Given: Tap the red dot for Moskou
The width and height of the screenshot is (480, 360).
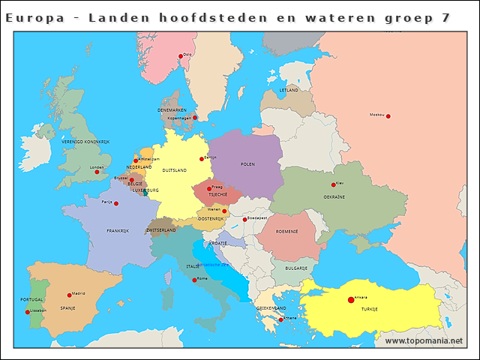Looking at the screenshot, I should tap(388, 115).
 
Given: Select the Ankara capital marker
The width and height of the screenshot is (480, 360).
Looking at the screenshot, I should tap(350, 300).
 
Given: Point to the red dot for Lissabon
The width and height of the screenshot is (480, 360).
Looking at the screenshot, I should tap(28, 312).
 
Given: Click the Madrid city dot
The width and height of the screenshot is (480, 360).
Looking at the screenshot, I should tap(69, 295).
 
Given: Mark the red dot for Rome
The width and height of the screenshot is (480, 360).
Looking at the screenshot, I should tap(195, 280).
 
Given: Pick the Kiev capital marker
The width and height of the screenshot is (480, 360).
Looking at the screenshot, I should tap(332, 184).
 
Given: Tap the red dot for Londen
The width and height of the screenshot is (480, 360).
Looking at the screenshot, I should tap(97, 172).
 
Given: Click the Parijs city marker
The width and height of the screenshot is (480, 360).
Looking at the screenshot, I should tap(115, 203).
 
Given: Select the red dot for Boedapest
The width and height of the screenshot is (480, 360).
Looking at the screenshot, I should tap(244, 220).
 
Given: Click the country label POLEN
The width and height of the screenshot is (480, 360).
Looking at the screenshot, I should tap(247, 163).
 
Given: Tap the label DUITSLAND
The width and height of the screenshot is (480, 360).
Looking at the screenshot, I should tap(175, 171).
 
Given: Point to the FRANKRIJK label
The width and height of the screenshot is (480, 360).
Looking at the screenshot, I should tap(118, 230).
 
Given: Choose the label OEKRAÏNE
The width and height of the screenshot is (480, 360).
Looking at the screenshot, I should tap(334, 196).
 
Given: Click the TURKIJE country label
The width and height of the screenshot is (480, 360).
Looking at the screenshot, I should tap(369, 309).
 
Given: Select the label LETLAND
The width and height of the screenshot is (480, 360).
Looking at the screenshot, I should tap(289, 90).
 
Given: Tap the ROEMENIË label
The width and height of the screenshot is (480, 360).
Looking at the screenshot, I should tap(286, 231).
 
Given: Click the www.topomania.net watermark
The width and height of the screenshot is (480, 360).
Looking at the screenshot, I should tap(424, 340).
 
